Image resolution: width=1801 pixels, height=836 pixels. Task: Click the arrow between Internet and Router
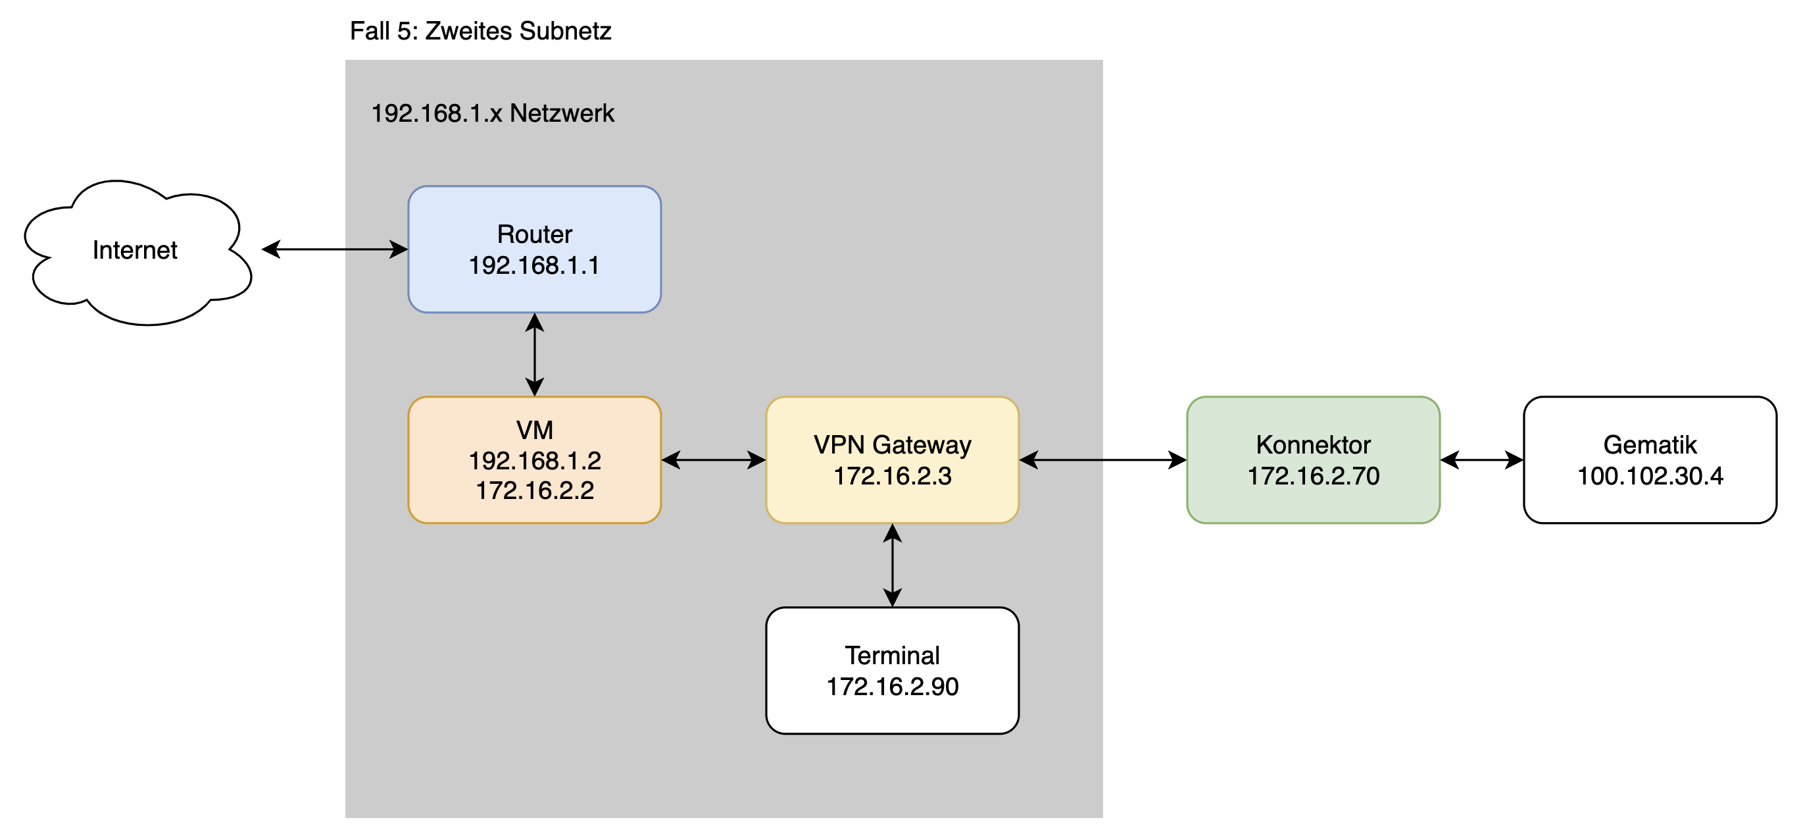pyautogui.click(x=334, y=249)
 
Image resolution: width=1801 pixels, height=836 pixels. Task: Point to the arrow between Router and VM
pyautogui.click(x=535, y=355)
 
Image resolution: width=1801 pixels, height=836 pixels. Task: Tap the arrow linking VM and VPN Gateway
pyautogui.click(x=713, y=459)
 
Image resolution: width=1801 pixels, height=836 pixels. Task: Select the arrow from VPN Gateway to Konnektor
pyautogui.click(x=1102, y=459)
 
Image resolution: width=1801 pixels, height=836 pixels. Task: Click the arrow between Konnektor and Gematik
pyautogui.click(x=1481, y=459)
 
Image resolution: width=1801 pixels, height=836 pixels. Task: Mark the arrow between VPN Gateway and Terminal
pyautogui.click(x=892, y=565)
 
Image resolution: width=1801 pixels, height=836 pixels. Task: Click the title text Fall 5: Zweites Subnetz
pyautogui.click(x=480, y=31)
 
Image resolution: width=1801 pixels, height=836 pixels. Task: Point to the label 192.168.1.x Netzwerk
pyautogui.click(x=492, y=113)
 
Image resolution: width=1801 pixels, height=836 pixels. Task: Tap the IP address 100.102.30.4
pyautogui.click(x=1650, y=477)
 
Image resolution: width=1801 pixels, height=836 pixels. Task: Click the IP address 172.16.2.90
pyautogui.click(x=892, y=687)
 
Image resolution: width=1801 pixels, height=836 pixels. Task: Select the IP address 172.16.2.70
pyautogui.click(x=1313, y=477)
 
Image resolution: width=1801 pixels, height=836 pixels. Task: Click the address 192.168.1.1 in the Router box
pyautogui.click(x=534, y=266)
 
